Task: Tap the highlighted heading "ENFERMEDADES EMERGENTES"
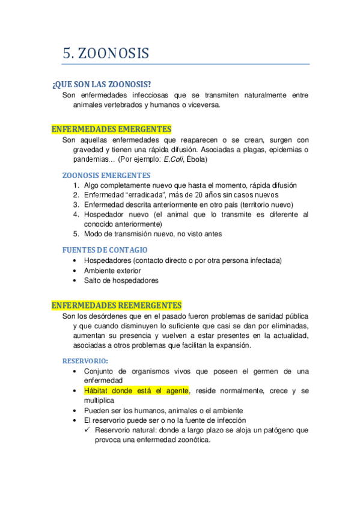111,129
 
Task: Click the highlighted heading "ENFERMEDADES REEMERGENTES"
117,306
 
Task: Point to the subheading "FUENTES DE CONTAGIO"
105,250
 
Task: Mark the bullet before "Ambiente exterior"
74,271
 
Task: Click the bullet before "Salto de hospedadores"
74,280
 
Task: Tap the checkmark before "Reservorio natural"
88,430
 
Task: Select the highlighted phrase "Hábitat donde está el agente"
136,390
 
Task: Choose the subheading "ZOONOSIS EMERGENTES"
106,175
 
